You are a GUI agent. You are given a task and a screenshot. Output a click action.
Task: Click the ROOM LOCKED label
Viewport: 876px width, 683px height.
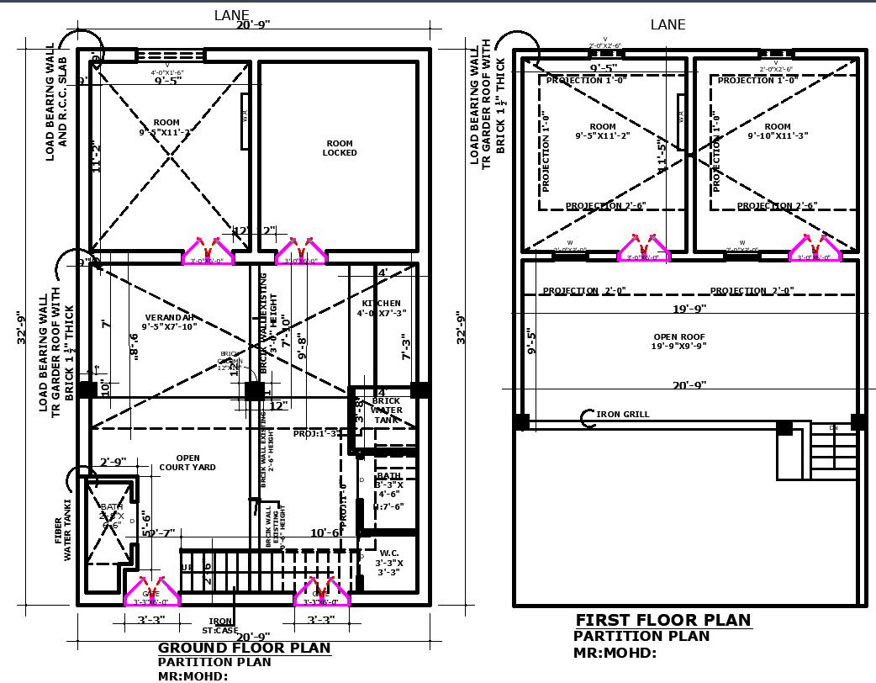340,148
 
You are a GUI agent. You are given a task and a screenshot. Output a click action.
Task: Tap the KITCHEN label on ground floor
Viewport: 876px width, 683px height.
381,308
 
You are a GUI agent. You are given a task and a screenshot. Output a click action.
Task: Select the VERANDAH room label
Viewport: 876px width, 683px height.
169,322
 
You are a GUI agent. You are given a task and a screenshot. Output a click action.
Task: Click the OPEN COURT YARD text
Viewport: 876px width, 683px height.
187,463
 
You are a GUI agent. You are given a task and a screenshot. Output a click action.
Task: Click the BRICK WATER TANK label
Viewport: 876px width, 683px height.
387,410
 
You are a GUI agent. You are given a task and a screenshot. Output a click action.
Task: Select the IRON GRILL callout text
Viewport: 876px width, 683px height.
623,415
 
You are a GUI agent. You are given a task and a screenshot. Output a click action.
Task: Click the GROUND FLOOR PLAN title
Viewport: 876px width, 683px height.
245,649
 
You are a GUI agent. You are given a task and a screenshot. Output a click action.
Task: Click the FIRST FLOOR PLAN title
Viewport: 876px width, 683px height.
662,621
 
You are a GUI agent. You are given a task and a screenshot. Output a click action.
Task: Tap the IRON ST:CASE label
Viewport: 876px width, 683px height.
220,626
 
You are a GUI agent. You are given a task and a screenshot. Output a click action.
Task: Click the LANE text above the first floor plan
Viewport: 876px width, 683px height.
668,25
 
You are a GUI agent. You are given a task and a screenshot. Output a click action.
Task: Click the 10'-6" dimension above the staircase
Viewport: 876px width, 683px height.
325,533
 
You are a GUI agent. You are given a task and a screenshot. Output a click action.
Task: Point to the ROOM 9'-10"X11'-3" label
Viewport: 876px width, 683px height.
778,131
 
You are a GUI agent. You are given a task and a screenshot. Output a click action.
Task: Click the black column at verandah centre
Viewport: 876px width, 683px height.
252,391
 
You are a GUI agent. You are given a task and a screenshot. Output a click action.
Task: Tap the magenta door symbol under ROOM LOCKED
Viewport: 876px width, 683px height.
300,251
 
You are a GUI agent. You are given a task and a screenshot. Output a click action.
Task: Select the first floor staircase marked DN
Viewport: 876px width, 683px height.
832,452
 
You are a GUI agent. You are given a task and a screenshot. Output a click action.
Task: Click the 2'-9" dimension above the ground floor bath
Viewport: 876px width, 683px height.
113,463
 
